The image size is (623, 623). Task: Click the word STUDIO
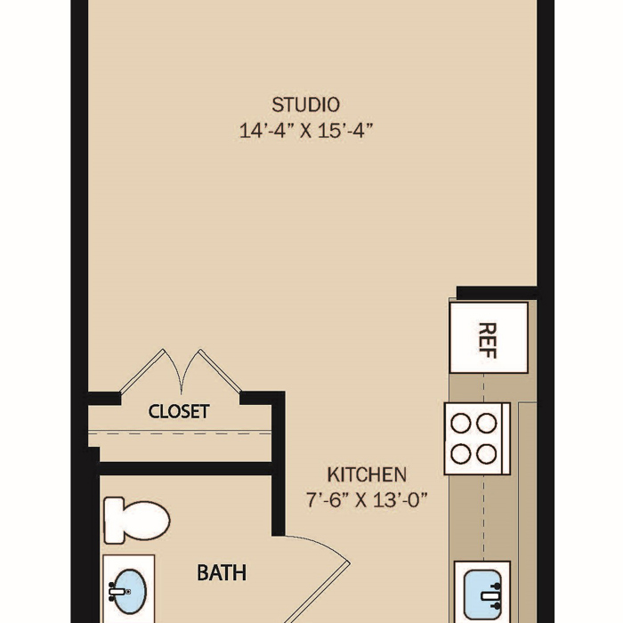[305, 105]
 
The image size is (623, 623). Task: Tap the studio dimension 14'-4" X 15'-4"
[305, 130]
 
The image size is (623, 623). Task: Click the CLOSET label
[179, 411]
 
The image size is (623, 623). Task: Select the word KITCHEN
[367, 474]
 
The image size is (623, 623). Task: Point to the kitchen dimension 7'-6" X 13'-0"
[367, 499]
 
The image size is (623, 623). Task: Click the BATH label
[222, 572]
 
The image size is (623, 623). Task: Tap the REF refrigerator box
[489, 337]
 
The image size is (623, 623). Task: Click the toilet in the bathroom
[136, 520]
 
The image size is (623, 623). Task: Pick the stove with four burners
[477, 439]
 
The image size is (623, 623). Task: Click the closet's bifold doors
[181, 371]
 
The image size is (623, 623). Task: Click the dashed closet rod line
[180, 433]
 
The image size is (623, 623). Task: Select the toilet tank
[114, 520]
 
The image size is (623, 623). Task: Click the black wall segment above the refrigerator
[497, 293]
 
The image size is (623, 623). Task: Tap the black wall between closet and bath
[185, 468]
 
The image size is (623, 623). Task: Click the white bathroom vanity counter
[129, 589]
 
